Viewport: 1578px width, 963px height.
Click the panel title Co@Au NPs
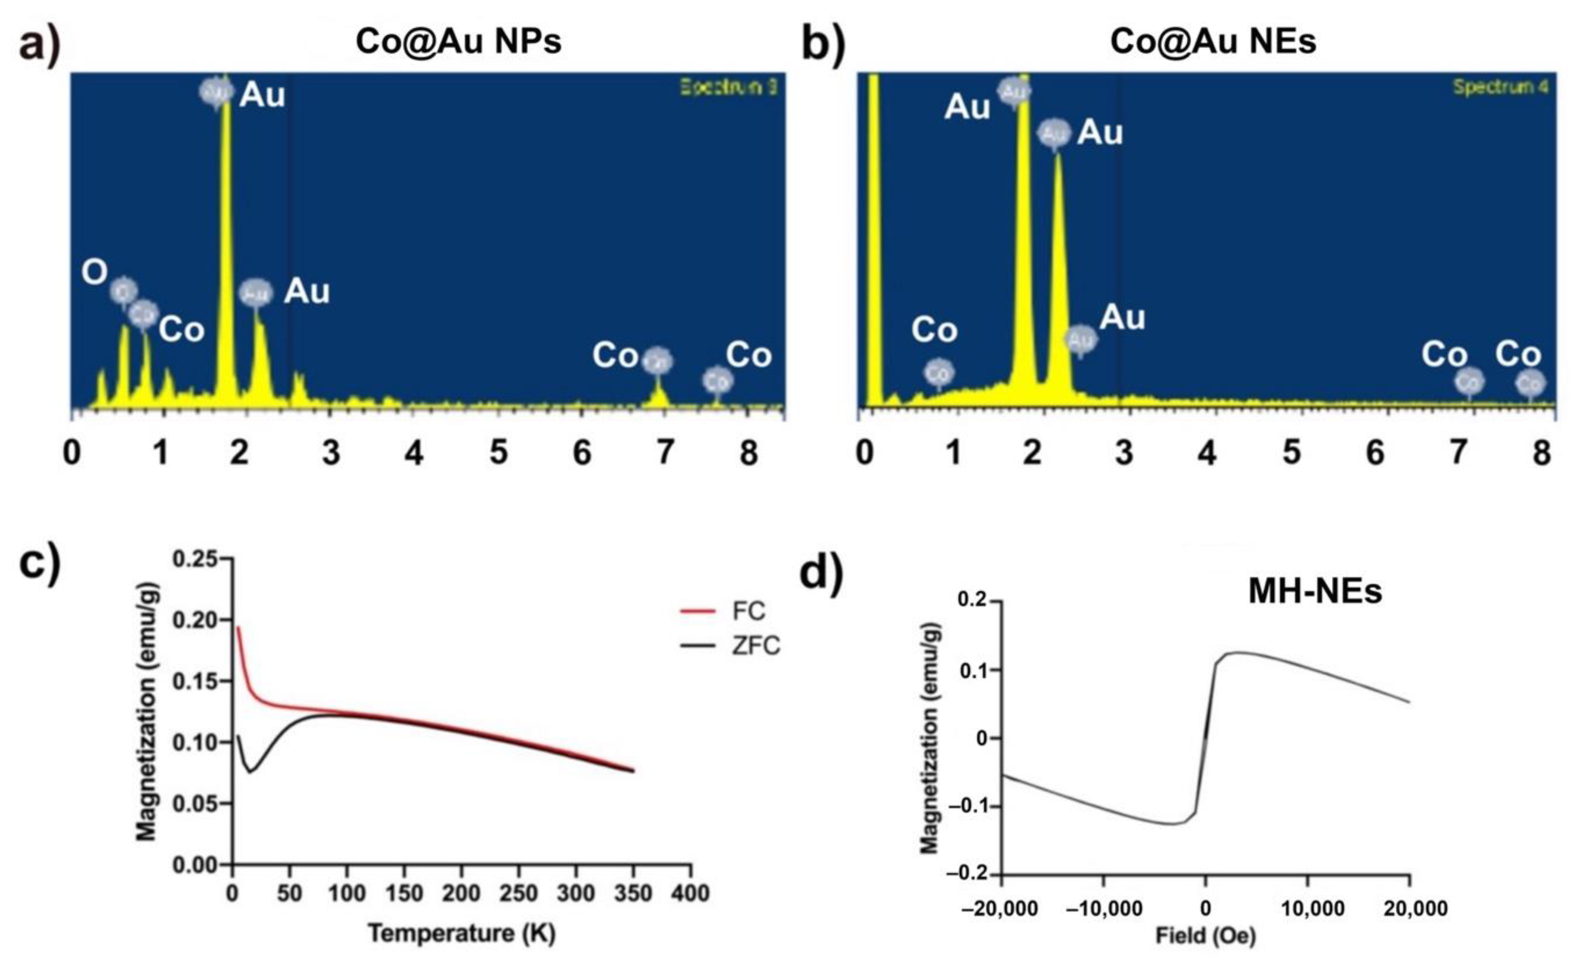tap(458, 42)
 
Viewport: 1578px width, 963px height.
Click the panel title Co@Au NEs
tap(1213, 42)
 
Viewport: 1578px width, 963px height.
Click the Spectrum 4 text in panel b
tap(1500, 87)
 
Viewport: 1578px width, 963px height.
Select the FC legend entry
tap(748, 611)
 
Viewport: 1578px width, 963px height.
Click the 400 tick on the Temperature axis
tap(690, 893)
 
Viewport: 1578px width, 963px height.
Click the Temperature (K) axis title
tap(461, 934)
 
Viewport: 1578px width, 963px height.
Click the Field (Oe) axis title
tap(1205, 936)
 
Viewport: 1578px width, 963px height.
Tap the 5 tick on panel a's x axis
tap(498, 453)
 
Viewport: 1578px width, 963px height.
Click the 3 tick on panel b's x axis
tap(1123, 453)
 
